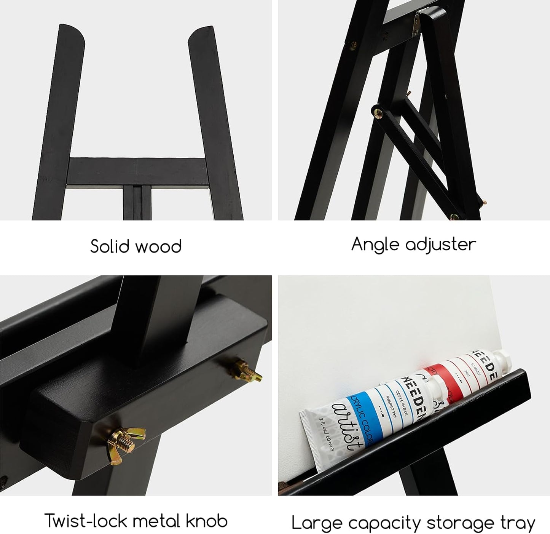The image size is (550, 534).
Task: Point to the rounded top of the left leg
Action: coord(70,32)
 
